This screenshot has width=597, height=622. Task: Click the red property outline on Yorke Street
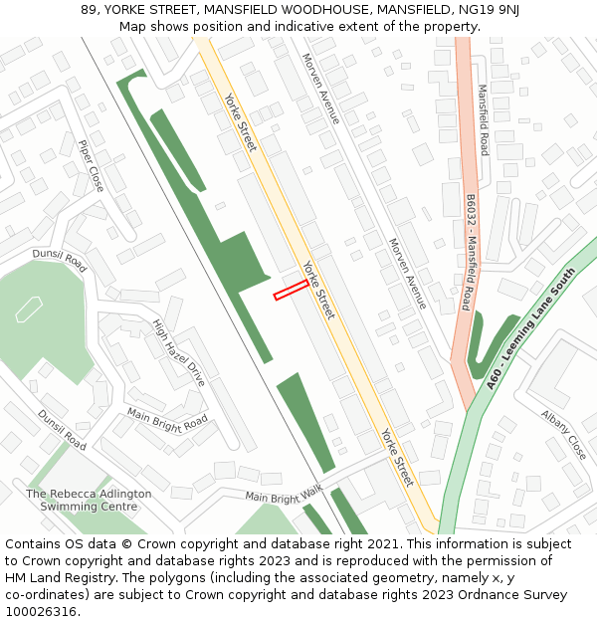point(291,290)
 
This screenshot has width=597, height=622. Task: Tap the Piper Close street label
point(91,165)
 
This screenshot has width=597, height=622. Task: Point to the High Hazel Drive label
point(179,353)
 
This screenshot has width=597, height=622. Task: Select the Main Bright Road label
point(167,417)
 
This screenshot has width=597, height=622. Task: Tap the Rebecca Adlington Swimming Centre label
point(89,500)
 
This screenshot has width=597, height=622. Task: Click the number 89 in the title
point(89,10)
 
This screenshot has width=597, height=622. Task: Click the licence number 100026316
point(42,612)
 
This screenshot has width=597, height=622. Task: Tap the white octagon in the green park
point(29,310)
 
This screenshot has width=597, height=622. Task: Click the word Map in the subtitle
point(132,26)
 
